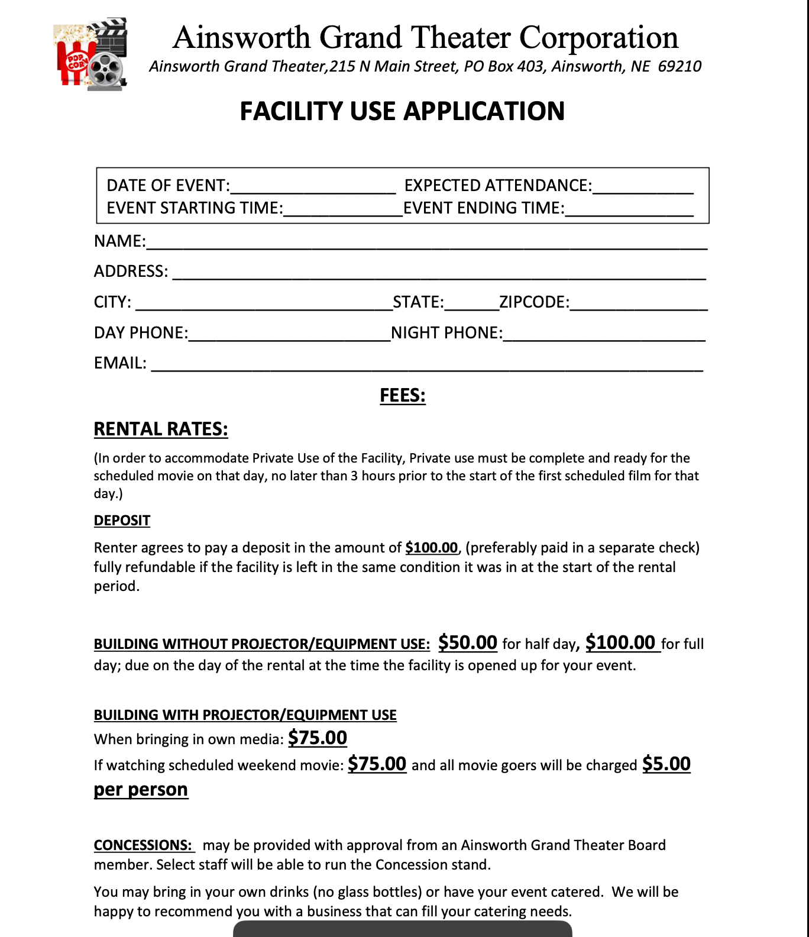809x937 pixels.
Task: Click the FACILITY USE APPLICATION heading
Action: (x=402, y=111)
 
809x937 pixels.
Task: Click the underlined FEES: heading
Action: (x=402, y=395)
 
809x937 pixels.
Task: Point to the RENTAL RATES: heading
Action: (x=161, y=429)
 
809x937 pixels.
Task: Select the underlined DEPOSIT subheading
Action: (x=122, y=521)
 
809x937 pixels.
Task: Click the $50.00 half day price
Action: (x=467, y=642)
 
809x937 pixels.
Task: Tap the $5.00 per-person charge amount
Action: (x=666, y=764)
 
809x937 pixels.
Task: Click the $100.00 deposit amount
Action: (x=431, y=548)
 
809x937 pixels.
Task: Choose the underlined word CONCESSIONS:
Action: (x=143, y=845)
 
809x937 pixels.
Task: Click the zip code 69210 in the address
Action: (x=679, y=66)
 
